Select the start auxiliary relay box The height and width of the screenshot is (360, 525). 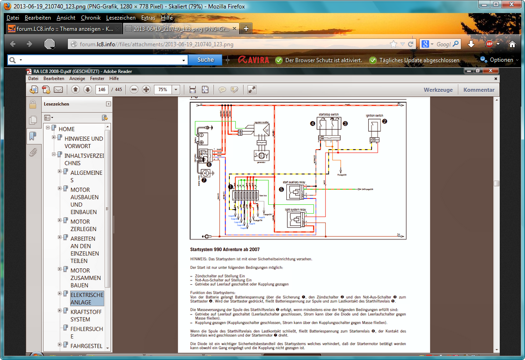(295, 190)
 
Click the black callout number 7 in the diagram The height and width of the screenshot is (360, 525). (204, 180)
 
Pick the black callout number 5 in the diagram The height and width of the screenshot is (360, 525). (281, 189)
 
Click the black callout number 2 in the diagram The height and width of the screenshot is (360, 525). (385, 121)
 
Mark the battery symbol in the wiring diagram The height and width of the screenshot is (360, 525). (201, 138)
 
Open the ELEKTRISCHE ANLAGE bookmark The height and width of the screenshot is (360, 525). (87, 299)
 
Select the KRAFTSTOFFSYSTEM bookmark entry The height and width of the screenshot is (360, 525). (86, 316)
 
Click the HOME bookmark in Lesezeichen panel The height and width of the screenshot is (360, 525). (66, 129)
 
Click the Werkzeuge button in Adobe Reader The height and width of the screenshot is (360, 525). (438, 90)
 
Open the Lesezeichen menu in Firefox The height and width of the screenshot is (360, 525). (121, 18)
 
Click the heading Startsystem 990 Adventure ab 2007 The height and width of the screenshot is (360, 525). (225, 250)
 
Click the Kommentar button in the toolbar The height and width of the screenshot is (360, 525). (479, 90)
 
